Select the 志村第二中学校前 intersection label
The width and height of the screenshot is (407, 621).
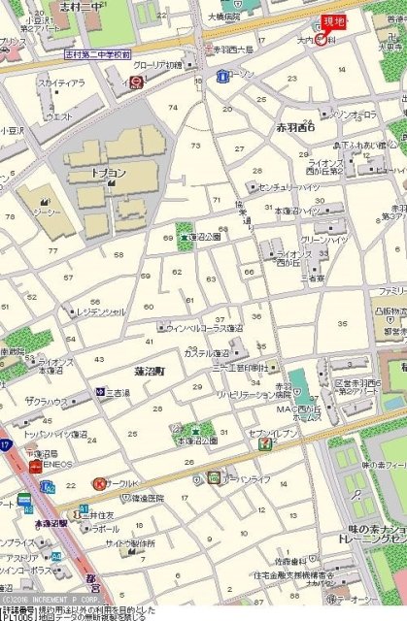pyautogui.click(x=96, y=55)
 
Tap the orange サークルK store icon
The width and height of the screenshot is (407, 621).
pyautogui.click(x=98, y=483)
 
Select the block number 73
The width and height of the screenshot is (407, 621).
pyautogui.click(x=195, y=146)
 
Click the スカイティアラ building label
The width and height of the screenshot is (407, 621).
pyautogui.click(x=62, y=83)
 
